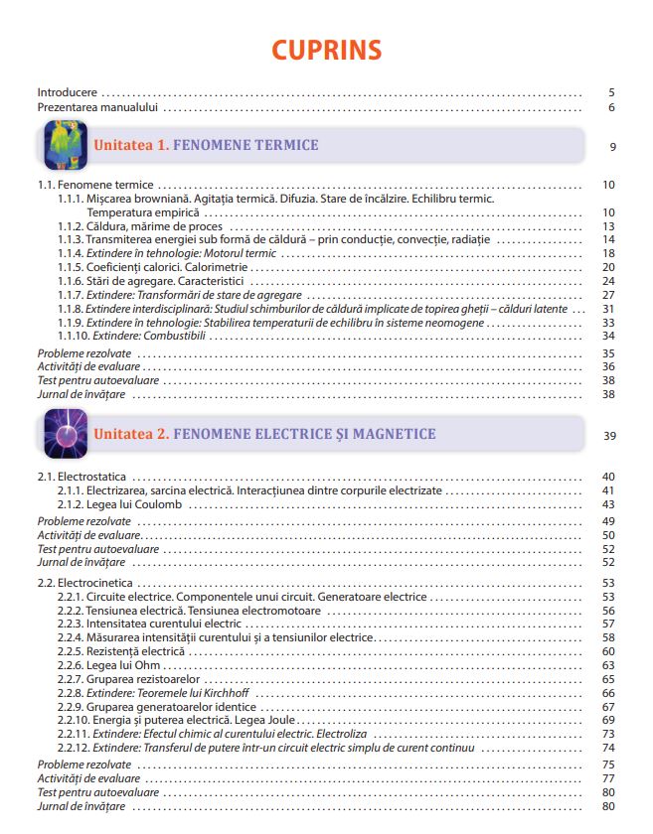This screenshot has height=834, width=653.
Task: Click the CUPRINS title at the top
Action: coord(326,51)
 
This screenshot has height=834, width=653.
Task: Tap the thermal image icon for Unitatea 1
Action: coord(66,146)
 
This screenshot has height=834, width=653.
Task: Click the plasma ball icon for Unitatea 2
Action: coord(66,435)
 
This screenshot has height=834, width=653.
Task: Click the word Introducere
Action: coord(68,91)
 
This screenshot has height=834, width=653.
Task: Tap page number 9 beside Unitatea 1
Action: coord(613,147)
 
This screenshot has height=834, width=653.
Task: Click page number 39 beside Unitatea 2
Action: coord(609,436)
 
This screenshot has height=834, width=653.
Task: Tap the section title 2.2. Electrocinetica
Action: coord(85,582)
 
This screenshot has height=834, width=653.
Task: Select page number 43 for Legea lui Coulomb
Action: coord(609,504)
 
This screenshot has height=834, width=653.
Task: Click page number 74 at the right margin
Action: coord(609,747)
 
